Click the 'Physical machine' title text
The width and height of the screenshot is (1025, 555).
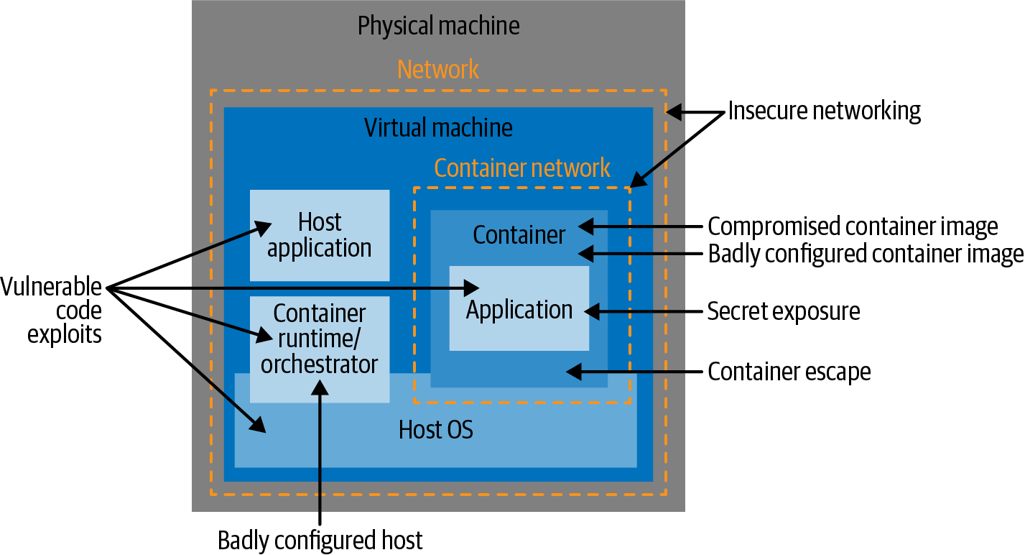[438, 27]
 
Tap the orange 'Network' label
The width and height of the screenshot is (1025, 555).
[438, 70]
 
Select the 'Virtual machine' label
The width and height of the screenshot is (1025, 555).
[438, 128]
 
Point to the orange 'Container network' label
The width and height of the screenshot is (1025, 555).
[522, 168]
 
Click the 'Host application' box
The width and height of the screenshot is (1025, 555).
[320, 235]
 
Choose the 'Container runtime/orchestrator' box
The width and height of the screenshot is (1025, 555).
[320, 338]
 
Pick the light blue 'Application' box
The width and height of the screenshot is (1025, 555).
[519, 309]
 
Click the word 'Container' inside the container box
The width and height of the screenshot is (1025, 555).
[519, 234]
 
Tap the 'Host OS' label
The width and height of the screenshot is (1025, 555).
[436, 430]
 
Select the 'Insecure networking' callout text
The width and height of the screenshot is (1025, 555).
[824, 111]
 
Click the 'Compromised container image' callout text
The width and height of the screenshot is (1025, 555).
[853, 226]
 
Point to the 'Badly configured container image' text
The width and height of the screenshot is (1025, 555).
[866, 254]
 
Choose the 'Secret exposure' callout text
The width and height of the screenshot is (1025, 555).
[784, 311]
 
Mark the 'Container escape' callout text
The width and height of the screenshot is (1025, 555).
[789, 372]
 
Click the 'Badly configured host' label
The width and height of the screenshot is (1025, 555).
[320, 540]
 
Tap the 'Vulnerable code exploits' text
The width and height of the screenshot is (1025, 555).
[51, 311]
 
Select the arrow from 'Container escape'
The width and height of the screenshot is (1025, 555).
[632, 372]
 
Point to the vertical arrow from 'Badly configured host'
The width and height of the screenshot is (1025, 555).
[320, 453]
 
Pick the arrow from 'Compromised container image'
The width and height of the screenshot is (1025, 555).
[639, 226]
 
